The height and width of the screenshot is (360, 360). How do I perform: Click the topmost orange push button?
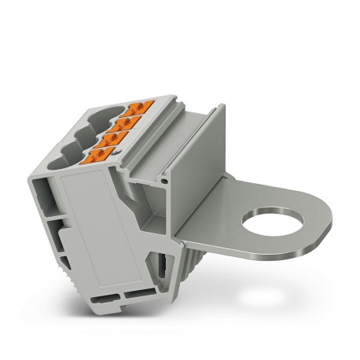[x=143, y=107]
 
